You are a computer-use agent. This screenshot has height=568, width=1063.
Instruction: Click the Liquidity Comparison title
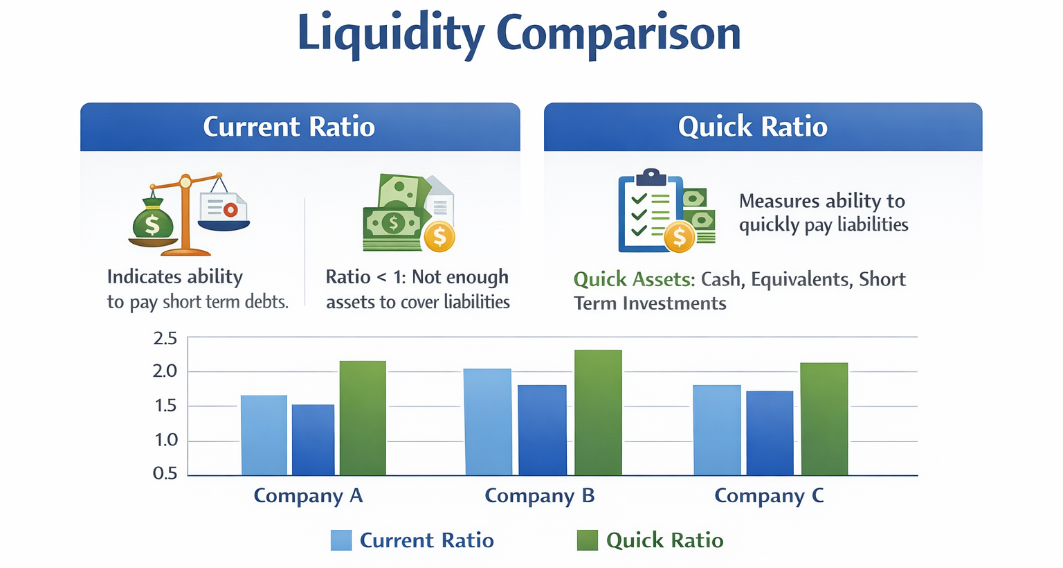pos(519,33)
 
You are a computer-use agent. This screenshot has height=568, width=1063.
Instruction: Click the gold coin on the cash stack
pos(439,237)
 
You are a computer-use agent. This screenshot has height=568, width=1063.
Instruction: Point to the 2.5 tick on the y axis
pos(165,338)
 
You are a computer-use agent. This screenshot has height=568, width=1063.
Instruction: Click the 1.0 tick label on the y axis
pos(165,440)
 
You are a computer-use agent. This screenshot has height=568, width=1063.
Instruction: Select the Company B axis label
pos(539,496)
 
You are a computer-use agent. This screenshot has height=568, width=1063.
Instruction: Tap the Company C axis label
pos(769,496)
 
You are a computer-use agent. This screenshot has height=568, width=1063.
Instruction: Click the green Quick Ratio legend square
pos(587,540)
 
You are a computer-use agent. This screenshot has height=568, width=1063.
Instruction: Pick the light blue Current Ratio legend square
pos(341,540)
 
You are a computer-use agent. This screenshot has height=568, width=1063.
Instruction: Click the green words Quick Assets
pos(634,279)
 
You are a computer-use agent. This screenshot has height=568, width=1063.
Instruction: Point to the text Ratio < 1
pos(365,277)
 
